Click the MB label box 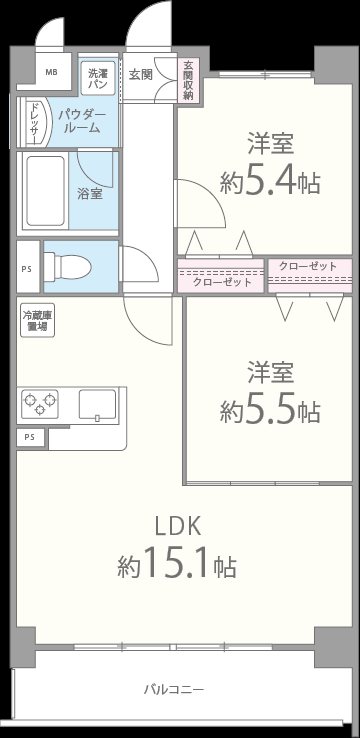tap(52, 72)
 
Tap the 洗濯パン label tap(97, 78)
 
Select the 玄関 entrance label tap(139, 73)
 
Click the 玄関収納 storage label tap(188, 81)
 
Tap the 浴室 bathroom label tap(90, 193)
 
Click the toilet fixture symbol tap(72, 265)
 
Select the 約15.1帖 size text tap(176, 566)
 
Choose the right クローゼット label tap(308, 266)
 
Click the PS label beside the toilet tap(26, 267)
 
